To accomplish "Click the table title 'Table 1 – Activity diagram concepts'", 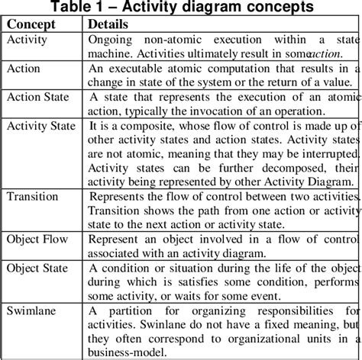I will (181, 8).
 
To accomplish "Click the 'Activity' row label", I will (27, 39).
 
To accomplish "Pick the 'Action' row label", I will (24, 69).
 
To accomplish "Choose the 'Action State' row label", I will (37, 98).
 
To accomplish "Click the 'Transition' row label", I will (32, 197).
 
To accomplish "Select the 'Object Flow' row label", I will (37, 239).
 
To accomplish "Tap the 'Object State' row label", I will (39, 268).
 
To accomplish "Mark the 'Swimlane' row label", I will (31, 310).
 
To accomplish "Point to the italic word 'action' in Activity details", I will (324, 53).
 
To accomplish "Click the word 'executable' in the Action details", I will (139, 69).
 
